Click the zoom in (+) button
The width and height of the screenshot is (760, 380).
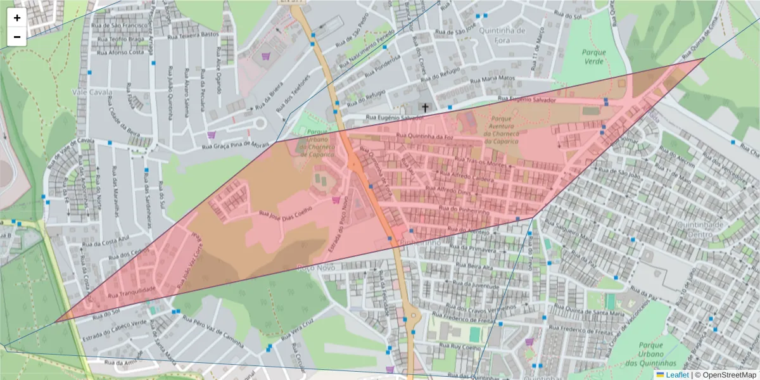(x=17, y=18)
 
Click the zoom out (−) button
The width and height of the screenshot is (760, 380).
(x=17, y=37)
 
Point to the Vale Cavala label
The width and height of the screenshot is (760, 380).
(x=92, y=92)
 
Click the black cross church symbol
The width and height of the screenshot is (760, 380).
(x=425, y=108)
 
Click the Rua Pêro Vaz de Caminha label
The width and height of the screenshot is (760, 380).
(x=213, y=332)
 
